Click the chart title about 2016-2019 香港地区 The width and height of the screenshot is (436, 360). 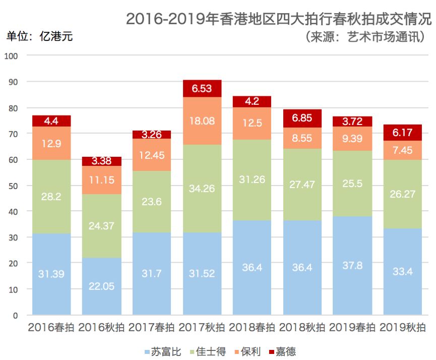point(279,19)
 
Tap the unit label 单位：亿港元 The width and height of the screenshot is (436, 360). point(40,37)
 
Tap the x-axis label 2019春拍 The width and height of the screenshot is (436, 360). point(352,327)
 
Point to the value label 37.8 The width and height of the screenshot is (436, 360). point(352,266)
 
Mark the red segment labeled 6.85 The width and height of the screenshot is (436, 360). point(302,118)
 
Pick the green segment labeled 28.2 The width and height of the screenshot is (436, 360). point(51,197)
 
